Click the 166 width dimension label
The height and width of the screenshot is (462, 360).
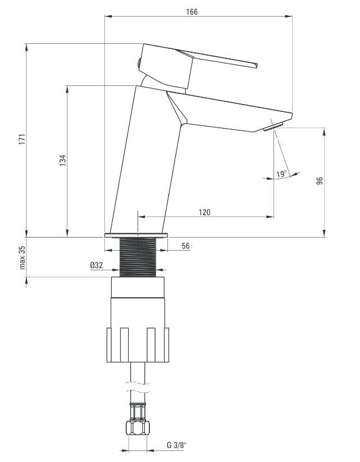[192, 12]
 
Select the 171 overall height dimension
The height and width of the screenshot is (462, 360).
[22, 139]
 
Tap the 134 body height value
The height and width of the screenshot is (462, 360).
[63, 161]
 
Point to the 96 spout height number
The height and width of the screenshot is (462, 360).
[320, 180]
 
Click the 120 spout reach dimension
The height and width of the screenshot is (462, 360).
[204, 212]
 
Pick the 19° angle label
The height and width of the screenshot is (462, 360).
[282, 174]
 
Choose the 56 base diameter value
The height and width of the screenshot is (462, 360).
[186, 246]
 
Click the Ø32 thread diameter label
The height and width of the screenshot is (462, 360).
[97, 265]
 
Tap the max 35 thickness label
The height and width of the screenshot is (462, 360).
[22, 258]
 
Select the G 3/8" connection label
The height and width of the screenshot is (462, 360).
[177, 445]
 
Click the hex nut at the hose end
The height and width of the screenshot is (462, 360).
[138, 428]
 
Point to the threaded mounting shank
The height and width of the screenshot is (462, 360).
[138, 257]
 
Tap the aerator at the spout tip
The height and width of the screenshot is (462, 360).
[274, 126]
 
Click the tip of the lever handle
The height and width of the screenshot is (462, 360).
[255, 65]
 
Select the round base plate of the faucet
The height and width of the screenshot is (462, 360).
[136, 235]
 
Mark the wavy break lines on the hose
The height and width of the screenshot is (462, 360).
[138, 387]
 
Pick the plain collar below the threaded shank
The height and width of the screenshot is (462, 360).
[138, 287]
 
